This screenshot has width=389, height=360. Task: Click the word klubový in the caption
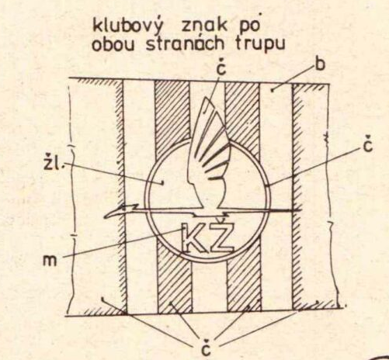[x=127, y=26]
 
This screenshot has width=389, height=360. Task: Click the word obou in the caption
[x=114, y=45]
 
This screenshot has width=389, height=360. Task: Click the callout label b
[x=320, y=64]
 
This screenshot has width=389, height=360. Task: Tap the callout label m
[x=50, y=261]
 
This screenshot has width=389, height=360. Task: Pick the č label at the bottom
[x=206, y=348]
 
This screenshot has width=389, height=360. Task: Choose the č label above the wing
[x=222, y=68]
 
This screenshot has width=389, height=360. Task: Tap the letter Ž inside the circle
[x=221, y=236]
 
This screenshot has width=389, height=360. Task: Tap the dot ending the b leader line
[x=273, y=90]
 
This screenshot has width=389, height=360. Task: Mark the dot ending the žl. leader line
[x=162, y=183]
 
